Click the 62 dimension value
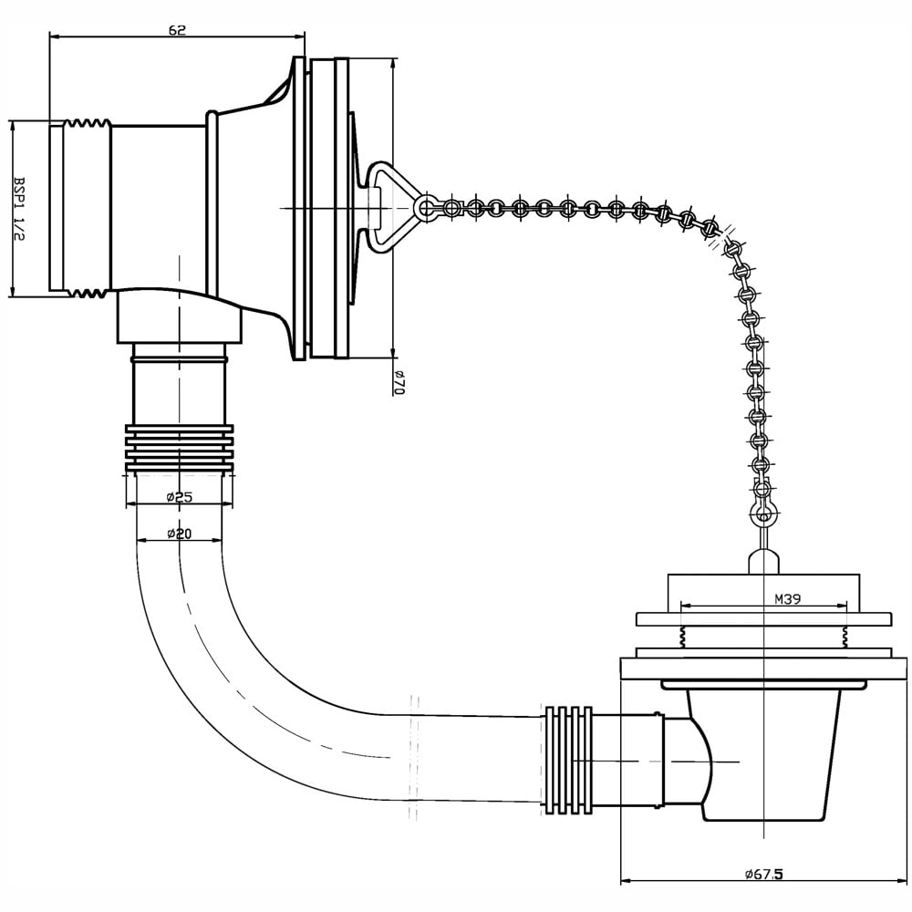coord(178,30)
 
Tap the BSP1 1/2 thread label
coord(20,208)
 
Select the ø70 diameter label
coord(399,383)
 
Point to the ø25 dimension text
coord(179,497)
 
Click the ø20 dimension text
coord(179,533)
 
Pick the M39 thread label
coord(788,598)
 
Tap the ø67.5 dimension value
coord(763,875)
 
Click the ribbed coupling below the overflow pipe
coord(180,448)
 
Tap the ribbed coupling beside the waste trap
coord(568,757)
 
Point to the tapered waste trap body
coord(763,756)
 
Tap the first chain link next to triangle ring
coord(451,207)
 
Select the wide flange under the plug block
coord(763,619)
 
